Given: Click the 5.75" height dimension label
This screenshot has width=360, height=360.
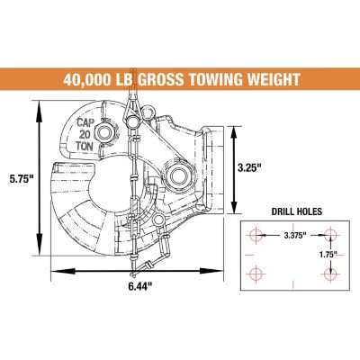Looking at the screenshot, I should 19,177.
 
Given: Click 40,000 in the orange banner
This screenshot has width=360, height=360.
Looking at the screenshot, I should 92,78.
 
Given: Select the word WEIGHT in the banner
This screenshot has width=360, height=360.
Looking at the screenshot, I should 266,78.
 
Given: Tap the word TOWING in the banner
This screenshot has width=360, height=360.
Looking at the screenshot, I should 206,78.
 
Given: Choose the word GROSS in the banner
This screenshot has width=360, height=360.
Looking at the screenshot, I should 154,78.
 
